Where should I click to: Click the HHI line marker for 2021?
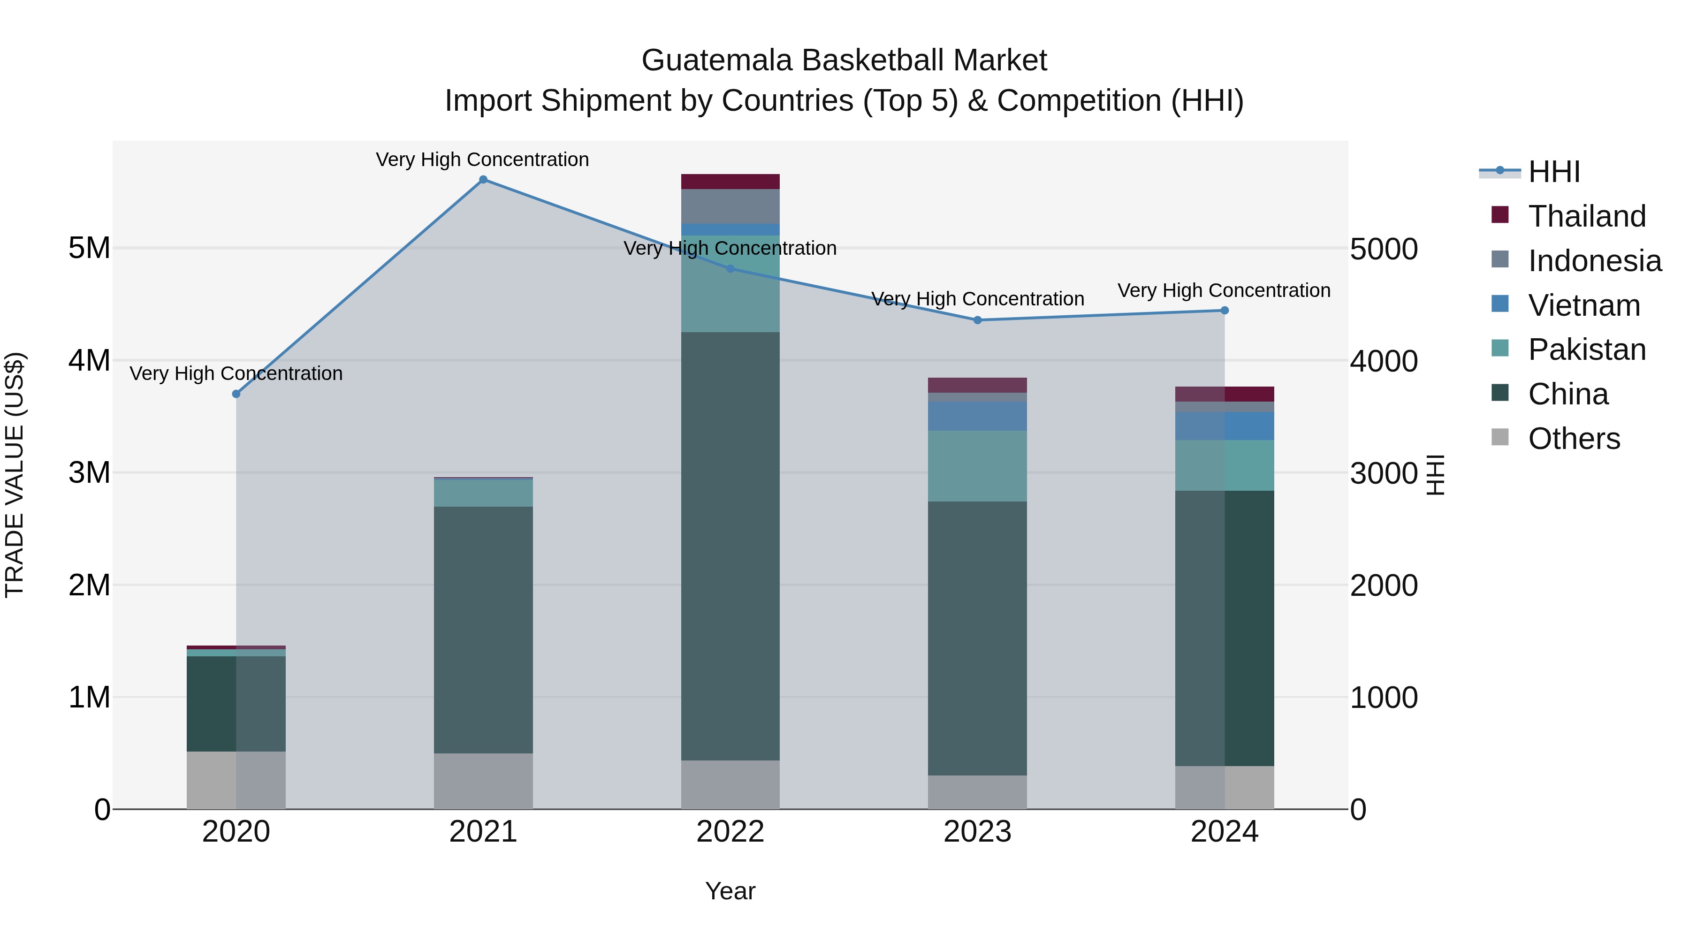coord(483,180)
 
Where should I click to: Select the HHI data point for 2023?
coord(978,320)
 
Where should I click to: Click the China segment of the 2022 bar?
coord(730,546)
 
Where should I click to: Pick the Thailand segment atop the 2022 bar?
coord(730,182)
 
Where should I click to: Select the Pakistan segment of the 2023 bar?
coord(978,466)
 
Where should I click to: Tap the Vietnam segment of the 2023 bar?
coord(978,416)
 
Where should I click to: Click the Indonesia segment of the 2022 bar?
coord(730,206)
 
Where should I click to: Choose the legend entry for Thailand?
coord(1586,216)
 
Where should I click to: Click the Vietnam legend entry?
coord(1583,305)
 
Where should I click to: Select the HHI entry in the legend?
coord(1553,172)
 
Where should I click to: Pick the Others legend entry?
coord(1574,439)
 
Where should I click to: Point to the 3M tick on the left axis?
coord(89,473)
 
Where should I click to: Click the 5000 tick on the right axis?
coord(1384,249)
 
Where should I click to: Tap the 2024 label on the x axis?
coord(1224,832)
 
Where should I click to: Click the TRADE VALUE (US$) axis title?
coord(15,475)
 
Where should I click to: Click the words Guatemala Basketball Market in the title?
coord(844,61)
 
